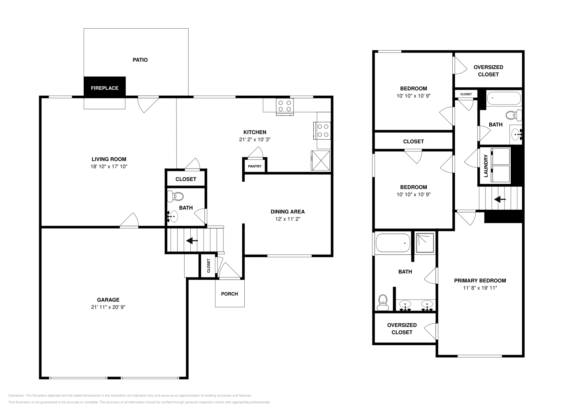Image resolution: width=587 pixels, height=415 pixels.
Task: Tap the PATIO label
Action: coord(140,60)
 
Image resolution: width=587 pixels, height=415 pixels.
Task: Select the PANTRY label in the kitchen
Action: coord(255,166)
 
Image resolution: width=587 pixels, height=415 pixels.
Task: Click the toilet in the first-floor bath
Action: coord(175,196)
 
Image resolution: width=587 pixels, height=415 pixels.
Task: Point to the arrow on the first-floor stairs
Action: coord(192,241)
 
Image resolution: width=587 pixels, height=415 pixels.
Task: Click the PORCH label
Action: coord(229,294)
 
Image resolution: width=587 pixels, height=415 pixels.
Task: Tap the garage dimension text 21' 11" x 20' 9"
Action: coord(108,307)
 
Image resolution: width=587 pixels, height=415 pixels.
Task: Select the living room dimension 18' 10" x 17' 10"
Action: coord(109,166)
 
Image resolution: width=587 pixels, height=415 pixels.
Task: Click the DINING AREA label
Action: coord(288,212)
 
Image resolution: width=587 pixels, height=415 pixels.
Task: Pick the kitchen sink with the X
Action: coord(321,160)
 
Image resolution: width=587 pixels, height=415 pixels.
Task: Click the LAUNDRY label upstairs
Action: coord(486,166)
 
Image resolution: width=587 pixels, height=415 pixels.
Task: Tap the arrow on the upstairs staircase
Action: coord(500,199)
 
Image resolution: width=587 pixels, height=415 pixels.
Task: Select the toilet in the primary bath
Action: coord(383,302)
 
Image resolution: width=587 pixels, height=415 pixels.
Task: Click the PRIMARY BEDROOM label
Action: coord(480,280)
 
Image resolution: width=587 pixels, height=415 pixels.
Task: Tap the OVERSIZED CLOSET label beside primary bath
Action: coord(402,328)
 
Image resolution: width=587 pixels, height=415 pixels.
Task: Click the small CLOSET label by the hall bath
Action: coord(466,94)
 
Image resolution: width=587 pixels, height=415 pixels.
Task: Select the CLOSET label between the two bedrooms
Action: coord(413,141)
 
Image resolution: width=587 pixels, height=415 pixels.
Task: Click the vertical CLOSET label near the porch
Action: coord(208,266)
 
